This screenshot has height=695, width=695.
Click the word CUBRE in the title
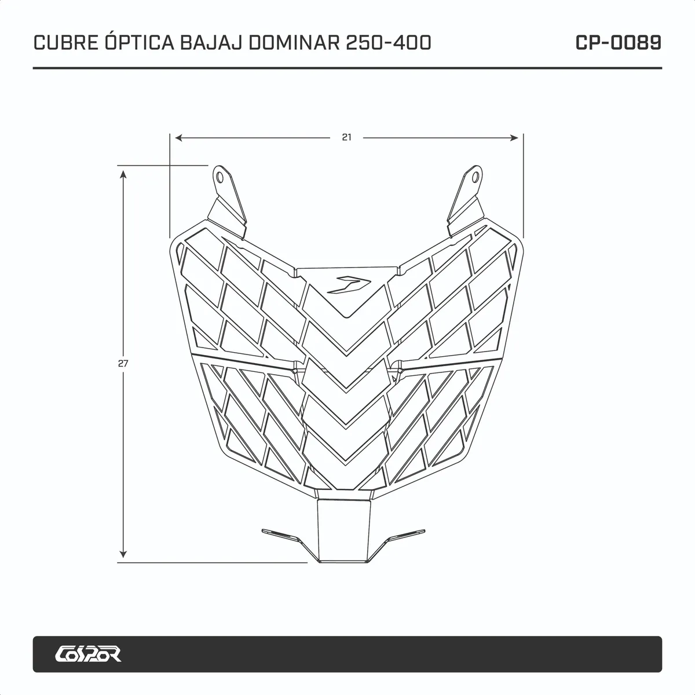(65, 42)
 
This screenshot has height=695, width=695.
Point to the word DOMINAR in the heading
(294, 42)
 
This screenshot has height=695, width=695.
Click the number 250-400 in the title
(389, 42)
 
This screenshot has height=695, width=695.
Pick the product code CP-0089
(618, 42)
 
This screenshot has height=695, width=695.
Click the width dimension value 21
(346, 137)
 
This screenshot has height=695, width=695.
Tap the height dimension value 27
(123, 363)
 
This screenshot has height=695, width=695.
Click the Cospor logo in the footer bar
(88, 653)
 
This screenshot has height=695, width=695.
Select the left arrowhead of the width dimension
(178, 138)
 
